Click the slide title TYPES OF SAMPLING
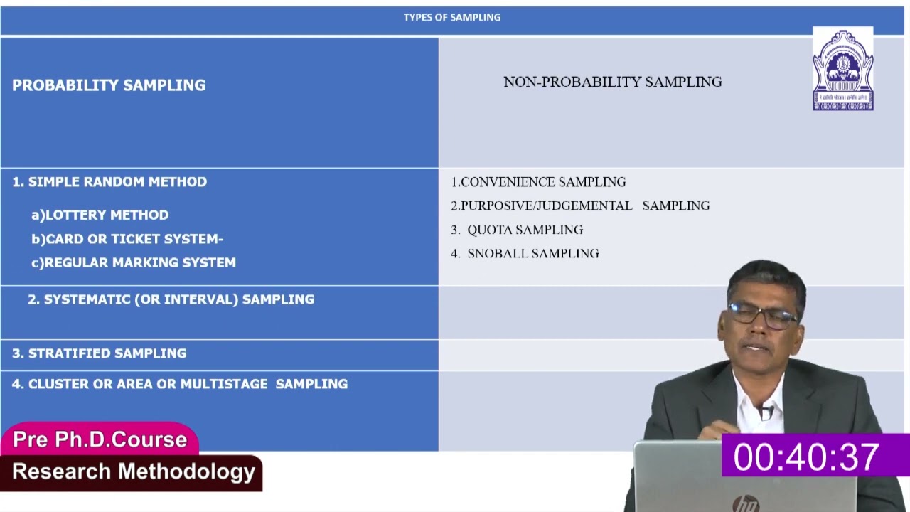[452, 17]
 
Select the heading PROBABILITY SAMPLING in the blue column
[109, 85]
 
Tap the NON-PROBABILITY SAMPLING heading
[612, 82]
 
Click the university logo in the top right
[842, 70]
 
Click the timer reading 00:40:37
[806, 457]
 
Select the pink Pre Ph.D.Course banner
[100, 439]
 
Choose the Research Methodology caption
[134, 471]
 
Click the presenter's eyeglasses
[761, 315]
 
